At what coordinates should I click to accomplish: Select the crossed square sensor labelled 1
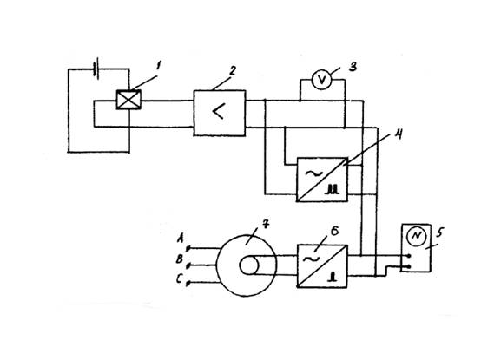coord(128,100)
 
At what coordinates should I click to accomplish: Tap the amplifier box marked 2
coord(220,113)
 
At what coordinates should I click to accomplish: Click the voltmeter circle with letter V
coord(322,80)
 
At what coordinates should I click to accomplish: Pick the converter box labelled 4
coord(322,180)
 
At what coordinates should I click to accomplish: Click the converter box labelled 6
coord(322,266)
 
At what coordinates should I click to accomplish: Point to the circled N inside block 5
coord(416,236)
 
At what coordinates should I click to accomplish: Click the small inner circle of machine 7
coord(249,265)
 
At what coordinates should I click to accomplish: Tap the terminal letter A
coord(181,238)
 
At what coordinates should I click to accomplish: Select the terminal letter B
coord(180,259)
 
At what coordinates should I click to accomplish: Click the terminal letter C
coord(180,278)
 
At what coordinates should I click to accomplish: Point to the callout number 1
coord(159,66)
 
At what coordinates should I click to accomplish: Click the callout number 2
coord(233,71)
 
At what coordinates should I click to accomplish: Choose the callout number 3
coord(353,66)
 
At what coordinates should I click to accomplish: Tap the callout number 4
coord(398,134)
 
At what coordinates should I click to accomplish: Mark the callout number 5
coord(439,232)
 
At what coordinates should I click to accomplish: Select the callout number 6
coord(334,231)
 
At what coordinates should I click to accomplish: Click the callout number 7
coord(266,225)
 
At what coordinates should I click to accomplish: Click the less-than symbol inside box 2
coord(219,111)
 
